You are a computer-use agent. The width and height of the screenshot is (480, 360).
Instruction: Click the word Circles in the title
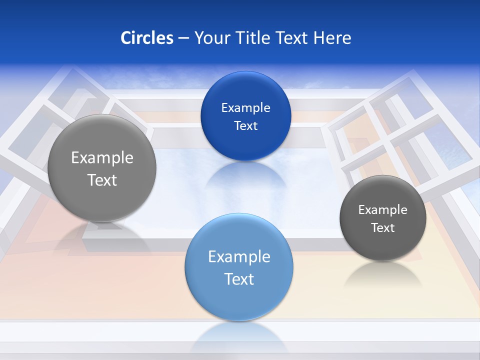pyautogui.click(x=147, y=38)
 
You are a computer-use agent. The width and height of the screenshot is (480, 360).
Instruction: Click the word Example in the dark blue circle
pyautogui.click(x=245, y=108)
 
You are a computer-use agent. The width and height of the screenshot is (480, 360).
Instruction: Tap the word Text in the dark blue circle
pyautogui.click(x=245, y=125)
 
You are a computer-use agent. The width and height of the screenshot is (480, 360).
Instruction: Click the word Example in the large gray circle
pyautogui.click(x=102, y=158)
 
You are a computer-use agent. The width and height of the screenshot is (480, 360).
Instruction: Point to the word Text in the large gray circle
pyautogui.click(x=102, y=180)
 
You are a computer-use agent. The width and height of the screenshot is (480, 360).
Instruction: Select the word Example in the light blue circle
pyautogui.click(x=239, y=257)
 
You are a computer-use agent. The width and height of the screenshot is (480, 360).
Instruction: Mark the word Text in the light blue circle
pyautogui.click(x=239, y=279)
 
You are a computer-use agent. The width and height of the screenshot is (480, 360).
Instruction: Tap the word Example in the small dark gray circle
pyautogui.click(x=382, y=210)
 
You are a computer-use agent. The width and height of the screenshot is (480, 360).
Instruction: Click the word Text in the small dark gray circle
pyautogui.click(x=382, y=228)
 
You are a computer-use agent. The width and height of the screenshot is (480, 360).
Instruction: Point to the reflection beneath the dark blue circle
pyautogui.click(x=245, y=175)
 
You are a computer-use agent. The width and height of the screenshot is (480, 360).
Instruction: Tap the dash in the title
pyautogui.click(x=183, y=38)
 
